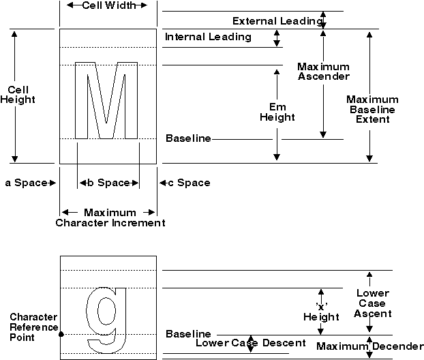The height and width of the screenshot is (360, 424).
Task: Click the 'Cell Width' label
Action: [108, 5]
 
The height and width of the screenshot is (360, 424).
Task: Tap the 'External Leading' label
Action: [276, 21]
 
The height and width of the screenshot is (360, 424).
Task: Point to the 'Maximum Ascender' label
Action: [324, 72]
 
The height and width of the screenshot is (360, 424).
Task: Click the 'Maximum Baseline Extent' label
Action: [372, 109]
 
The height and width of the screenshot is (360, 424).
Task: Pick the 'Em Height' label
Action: [277, 112]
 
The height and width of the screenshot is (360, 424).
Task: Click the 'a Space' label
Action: [26, 183]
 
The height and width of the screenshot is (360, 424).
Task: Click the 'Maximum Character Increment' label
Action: [110, 217]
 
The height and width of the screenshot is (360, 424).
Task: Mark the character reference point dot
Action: [61, 334]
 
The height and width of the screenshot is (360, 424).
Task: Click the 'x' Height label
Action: [321, 312]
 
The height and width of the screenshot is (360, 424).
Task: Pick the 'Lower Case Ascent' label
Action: [374, 303]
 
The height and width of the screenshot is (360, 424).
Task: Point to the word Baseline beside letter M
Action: [188, 138]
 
